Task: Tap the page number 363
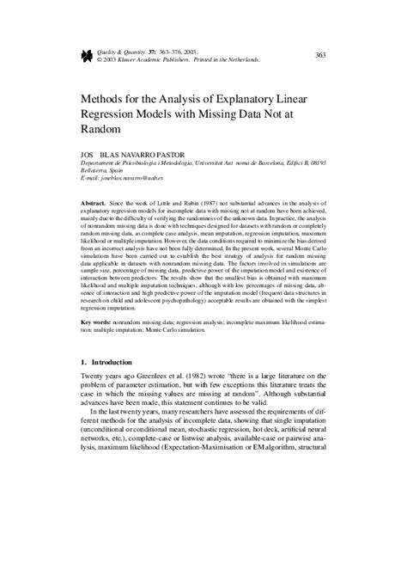click(319, 55)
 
